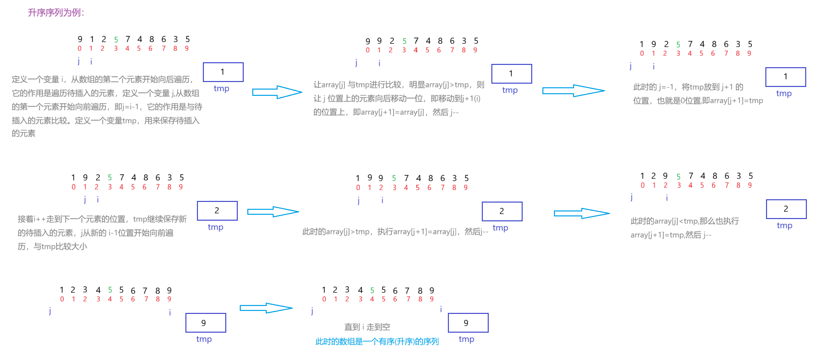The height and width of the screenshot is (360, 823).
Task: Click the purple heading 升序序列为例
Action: (x=56, y=13)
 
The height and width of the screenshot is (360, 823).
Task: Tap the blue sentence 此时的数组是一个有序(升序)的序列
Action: (x=377, y=342)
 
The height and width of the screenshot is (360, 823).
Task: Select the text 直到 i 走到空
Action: (x=367, y=327)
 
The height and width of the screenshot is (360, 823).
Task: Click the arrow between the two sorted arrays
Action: (x=266, y=308)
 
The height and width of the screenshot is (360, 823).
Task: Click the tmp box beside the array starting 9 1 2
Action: (x=223, y=72)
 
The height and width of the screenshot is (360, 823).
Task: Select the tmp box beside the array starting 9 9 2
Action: (x=511, y=74)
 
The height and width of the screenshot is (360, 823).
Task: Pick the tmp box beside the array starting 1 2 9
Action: (x=786, y=209)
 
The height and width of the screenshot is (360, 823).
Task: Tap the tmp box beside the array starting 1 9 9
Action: (x=502, y=211)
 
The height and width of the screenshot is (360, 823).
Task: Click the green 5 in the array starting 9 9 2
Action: (x=404, y=41)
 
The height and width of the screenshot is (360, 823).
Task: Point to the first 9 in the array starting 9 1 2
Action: (x=80, y=40)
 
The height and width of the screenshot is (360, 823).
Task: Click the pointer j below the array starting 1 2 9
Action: (x=632, y=197)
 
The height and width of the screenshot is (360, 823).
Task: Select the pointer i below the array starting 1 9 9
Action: (x=382, y=200)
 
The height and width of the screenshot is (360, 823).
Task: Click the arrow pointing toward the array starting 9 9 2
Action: (x=277, y=92)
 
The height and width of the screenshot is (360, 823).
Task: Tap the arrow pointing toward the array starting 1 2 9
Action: (x=582, y=213)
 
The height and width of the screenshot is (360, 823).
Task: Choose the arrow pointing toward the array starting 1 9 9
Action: (x=273, y=212)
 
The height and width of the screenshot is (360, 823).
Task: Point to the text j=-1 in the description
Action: (x=666, y=87)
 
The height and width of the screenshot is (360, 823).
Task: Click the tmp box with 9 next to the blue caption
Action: (x=468, y=323)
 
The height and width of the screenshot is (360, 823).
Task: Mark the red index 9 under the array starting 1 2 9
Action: (x=750, y=185)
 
